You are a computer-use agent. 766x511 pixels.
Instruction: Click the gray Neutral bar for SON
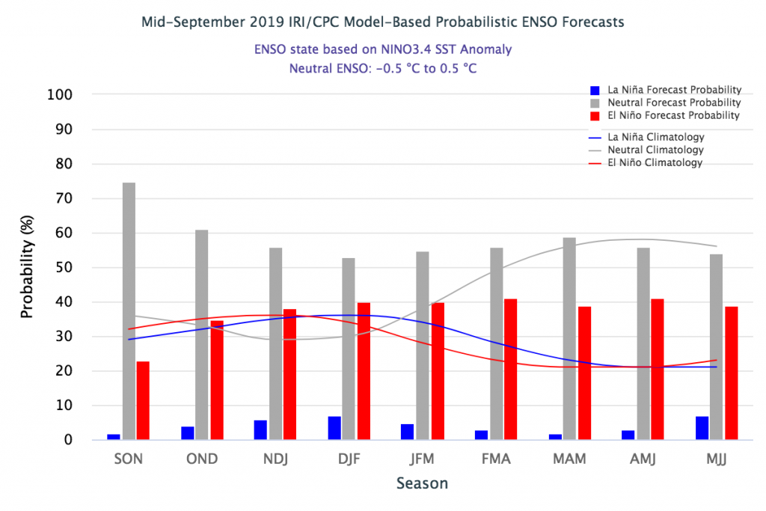pos(129,311)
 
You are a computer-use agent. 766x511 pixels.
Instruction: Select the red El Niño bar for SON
pos(143,400)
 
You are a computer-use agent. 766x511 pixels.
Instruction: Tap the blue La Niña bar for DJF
pos(334,428)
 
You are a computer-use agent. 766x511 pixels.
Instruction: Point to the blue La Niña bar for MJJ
pos(702,428)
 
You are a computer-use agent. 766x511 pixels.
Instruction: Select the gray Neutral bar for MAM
pos(569,338)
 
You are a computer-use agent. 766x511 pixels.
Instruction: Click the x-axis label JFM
pos(422,459)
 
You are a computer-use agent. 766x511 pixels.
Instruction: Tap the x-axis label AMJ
pos(642,459)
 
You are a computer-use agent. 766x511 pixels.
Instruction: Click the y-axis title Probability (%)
pos(28,268)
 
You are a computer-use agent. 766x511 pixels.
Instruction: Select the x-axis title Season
pos(422,483)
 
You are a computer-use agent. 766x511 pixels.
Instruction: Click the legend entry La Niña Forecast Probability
pos(674,89)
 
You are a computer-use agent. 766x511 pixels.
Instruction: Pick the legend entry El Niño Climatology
pos(655,162)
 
